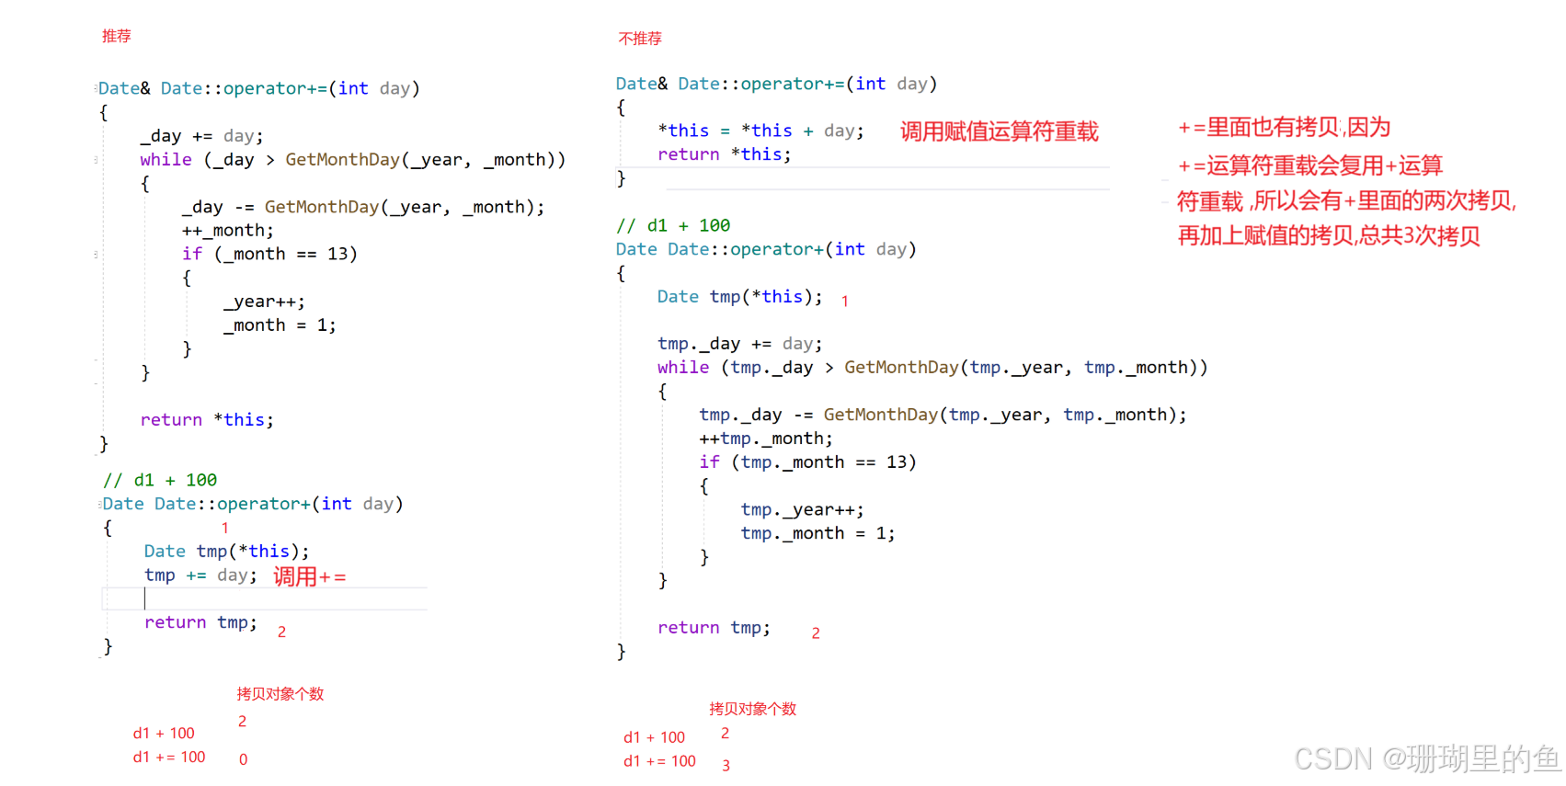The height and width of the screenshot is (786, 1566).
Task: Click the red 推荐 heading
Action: [117, 36]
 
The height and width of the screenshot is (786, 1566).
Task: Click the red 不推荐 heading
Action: [640, 39]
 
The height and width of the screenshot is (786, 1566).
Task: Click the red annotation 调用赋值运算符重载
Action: [999, 131]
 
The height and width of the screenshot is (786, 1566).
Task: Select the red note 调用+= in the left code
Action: [309, 576]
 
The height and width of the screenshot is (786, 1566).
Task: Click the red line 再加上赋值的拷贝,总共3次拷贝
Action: [1329, 236]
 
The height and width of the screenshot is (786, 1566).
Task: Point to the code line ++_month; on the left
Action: [227, 231]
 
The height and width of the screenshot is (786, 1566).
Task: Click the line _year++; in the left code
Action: [264, 302]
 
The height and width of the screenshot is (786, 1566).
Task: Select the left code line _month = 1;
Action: [280, 325]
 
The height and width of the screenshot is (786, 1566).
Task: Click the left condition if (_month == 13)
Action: [269, 254]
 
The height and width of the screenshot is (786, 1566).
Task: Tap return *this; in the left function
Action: [207, 420]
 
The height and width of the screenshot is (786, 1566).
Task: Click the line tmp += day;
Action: [200, 575]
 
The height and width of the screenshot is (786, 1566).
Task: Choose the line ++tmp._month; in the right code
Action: [766, 439]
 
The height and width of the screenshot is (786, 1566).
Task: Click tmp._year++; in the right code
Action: [802, 509]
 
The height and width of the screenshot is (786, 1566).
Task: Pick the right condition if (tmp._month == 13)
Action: [807, 461]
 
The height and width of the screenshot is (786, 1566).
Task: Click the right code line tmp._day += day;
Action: [740, 344]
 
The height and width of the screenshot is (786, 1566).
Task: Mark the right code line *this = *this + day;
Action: [761, 131]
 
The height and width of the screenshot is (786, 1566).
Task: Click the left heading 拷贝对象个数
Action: [280, 694]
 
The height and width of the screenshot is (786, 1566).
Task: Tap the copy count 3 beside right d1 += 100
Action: [726, 765]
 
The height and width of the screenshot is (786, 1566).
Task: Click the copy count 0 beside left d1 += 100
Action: [244, 759]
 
